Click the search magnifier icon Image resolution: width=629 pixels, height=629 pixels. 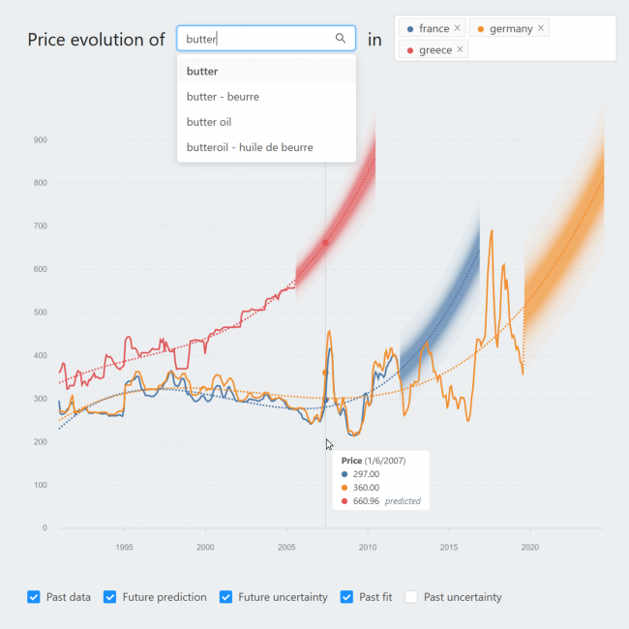340,39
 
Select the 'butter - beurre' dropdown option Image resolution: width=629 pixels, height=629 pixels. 223,97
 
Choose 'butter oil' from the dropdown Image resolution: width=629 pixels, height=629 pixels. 209,122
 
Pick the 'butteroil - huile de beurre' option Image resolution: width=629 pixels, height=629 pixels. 250,147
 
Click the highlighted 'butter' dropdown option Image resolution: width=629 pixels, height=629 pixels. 202,72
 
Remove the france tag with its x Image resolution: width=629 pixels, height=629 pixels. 458,28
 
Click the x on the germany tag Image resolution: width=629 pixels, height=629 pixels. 541,28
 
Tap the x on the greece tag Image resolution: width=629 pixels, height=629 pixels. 460,49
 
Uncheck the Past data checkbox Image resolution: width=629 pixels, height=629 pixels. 34,597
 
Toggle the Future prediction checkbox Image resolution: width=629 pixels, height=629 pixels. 110,597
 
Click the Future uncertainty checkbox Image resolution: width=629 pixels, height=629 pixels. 226,597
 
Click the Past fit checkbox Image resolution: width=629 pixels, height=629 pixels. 347,597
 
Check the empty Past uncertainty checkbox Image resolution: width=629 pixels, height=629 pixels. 411,597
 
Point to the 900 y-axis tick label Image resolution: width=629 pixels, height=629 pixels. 40,140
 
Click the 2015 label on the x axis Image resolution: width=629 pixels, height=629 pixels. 449,547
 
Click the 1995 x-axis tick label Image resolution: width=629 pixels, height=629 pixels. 124,547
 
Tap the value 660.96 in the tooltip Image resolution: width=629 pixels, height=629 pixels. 368,501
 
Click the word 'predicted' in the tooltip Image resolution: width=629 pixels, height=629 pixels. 402,501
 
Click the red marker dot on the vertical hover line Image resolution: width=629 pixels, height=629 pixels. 325,243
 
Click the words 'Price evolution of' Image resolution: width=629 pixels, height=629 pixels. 96,40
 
